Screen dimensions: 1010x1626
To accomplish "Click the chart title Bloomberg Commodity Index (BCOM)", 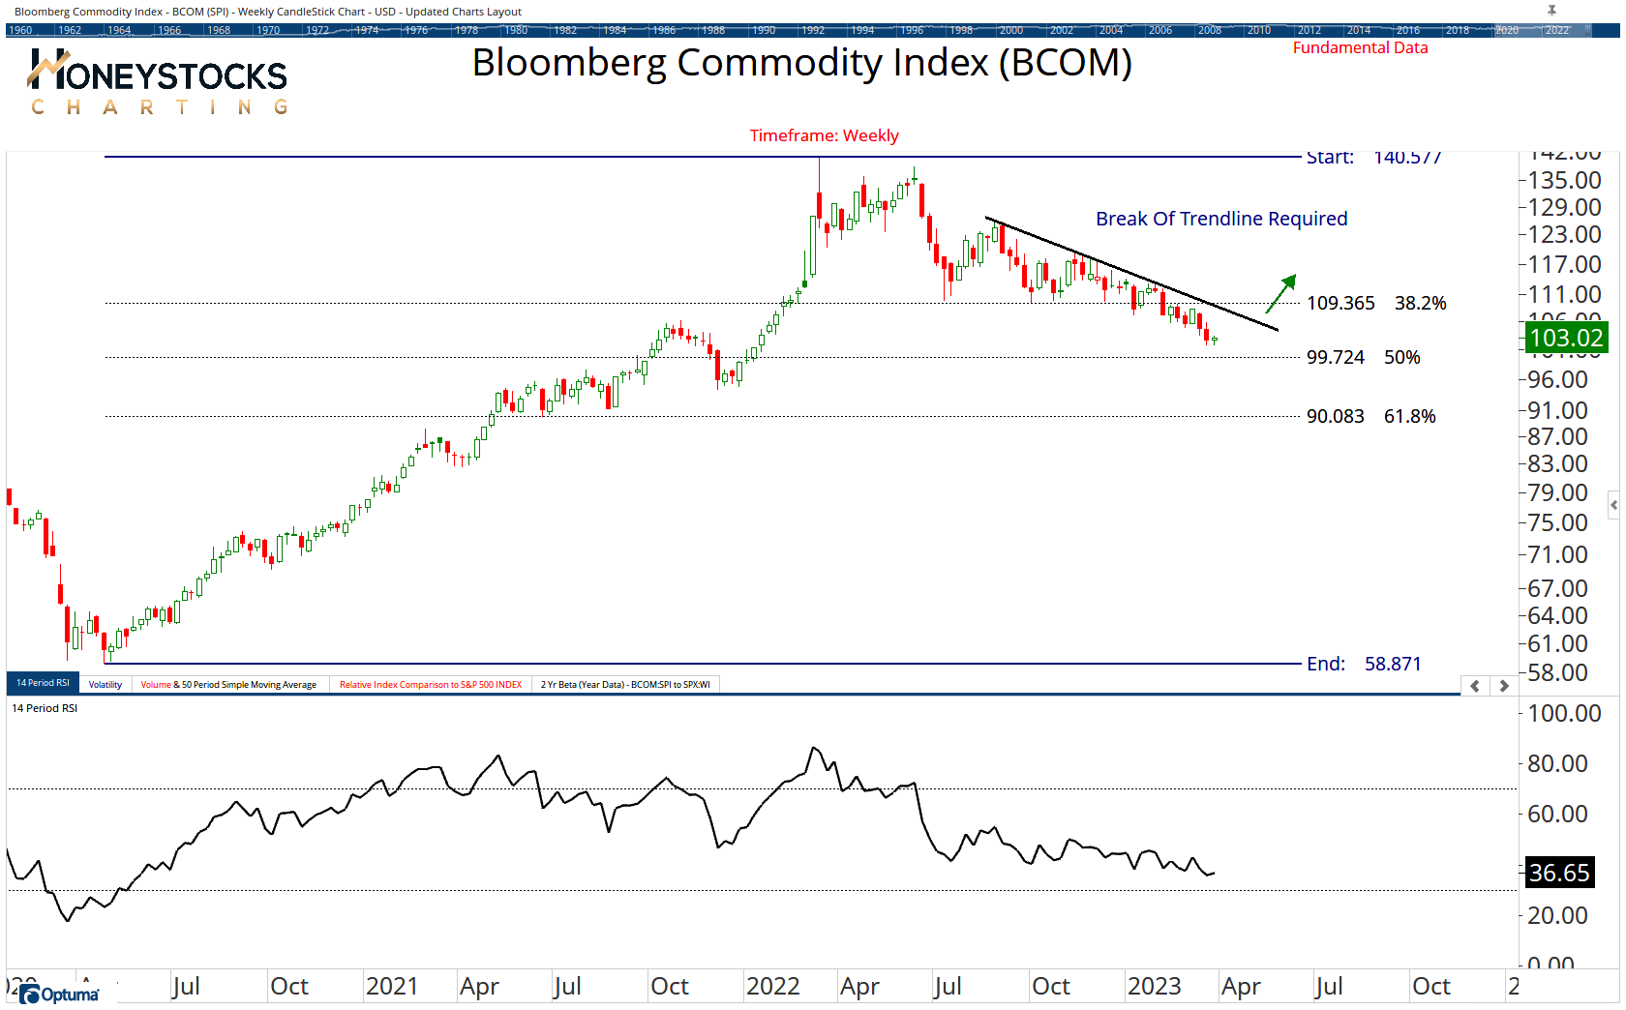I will (801, 64).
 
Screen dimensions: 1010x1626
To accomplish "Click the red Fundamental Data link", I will (1360, 47).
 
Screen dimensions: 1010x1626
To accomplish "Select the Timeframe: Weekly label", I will (824, 135).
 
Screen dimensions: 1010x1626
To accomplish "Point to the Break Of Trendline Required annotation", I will (1220, 219).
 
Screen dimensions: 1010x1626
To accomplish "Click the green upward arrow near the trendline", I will (1281, 292).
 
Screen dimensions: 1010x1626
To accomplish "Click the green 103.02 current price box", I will (1565, 338).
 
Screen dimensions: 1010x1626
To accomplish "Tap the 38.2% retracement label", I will (1420, 303).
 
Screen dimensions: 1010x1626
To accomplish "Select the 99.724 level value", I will (1335, 357).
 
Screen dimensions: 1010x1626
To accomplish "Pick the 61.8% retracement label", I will (1409, 416).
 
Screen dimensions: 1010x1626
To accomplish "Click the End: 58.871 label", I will (1364, 664).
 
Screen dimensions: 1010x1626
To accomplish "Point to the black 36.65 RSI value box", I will (1558, 873).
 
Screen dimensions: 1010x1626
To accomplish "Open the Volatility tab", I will (105, 684).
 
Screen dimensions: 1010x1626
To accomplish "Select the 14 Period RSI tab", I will (43, 683).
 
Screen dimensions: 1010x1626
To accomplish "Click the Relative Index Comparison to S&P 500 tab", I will (430, 684).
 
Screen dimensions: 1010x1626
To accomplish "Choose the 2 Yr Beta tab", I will (625, 684).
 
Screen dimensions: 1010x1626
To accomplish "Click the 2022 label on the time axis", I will (772, 986).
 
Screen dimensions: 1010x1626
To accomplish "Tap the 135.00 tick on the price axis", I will (1564, 180).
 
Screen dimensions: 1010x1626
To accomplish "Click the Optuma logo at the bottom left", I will (60, 995).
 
